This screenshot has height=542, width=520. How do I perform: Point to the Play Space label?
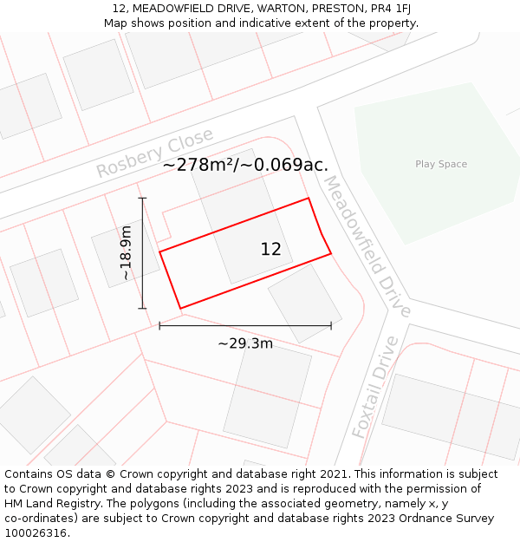[440, 164]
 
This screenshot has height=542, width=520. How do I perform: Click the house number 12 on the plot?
[270, 250]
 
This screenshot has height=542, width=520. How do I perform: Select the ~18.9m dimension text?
[127, 252]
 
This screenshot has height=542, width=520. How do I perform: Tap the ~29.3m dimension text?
[245, 343]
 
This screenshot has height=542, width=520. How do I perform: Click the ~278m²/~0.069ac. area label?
[245, 165]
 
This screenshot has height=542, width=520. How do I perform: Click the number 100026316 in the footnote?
[37, 533]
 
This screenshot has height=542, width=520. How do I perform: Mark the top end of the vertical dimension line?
[143, 199]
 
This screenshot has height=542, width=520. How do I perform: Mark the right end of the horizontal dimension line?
[331, 326]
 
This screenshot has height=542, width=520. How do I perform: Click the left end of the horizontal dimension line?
[159, 326]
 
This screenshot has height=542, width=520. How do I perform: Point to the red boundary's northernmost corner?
[309, 199]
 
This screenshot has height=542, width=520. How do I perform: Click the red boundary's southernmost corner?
[180, 308]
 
